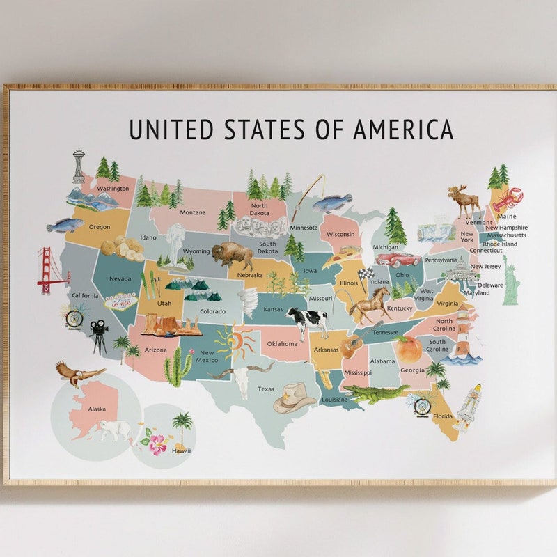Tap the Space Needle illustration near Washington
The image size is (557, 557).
pos(79,167)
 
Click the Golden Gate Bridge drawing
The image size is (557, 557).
pos(52,270)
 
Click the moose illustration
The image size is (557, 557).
pos(464,200)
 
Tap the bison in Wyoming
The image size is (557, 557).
pos(232,256)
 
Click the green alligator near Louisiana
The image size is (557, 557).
pos(376,394)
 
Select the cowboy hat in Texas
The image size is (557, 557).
pos(295,399)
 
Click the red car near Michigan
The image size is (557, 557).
pos(399,260)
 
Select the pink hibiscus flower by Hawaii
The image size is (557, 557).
pos(157,444)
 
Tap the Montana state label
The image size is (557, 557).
pos(192,212)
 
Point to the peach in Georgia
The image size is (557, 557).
pos(409,346)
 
